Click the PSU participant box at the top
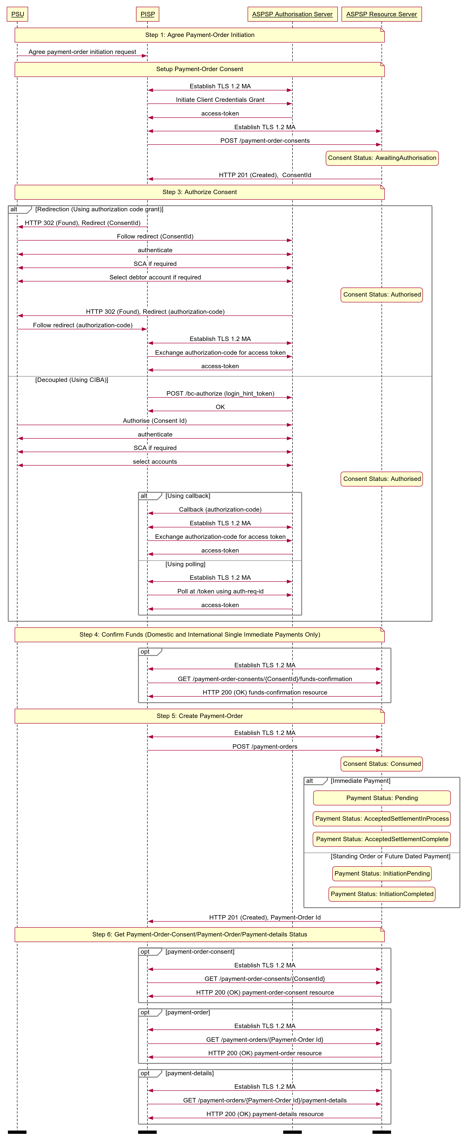(18, 14)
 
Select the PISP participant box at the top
(148, 14)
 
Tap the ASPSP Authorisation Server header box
(292, 14)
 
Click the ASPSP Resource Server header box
(382, 14)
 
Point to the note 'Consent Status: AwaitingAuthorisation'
(382, 158)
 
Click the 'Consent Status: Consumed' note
(382, 764)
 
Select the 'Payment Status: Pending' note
(382, 798)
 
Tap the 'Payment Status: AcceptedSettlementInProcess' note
(382, 819)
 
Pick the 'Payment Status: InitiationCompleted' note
(382, 894)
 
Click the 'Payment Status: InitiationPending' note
(382, 873)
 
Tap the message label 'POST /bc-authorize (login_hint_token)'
(220, 394)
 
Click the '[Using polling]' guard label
(185, 564)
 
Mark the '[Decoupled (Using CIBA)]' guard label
(72, 380)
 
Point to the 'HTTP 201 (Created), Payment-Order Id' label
(265, 918)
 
